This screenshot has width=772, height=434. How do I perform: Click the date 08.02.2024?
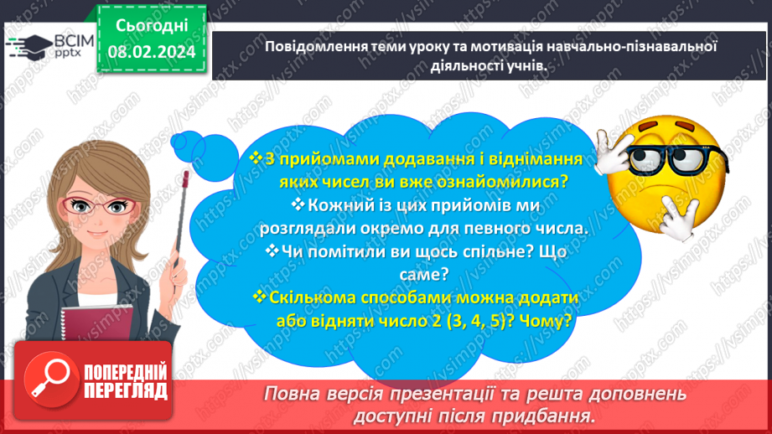coord(152,52)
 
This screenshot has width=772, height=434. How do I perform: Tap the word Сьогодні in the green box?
coord(152,26)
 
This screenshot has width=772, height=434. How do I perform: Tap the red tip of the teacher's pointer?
coord(185,178)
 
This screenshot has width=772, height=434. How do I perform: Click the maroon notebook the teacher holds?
coord(96,323)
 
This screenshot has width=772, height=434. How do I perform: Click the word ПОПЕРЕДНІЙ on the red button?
coord(126,373)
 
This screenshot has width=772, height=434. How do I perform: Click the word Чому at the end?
coord(545,322)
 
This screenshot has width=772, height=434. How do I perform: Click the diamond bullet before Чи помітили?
coord(272,251)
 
